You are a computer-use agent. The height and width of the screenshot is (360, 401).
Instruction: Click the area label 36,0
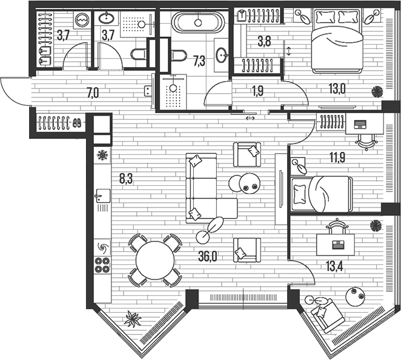coord(207,257)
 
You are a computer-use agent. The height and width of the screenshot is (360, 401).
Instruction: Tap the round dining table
coord(154,260)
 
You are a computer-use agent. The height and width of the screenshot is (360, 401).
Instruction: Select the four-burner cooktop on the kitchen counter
coord(102,264)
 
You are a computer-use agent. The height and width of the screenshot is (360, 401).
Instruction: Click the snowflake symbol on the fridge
coord(102,156)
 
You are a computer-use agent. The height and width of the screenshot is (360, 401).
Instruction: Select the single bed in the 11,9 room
coord(322,194)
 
